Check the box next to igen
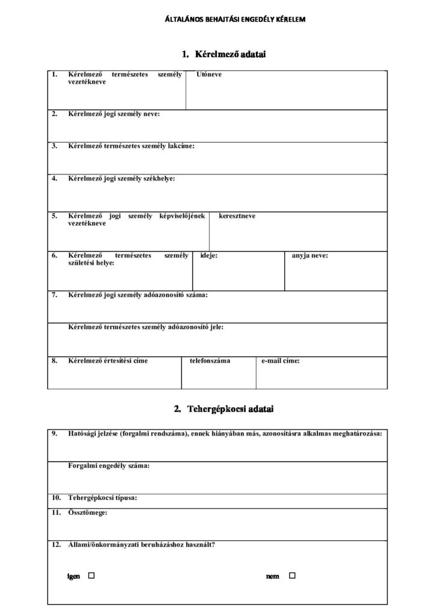pyautogui.click(x=92, y=576)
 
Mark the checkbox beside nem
pyautogui.click(x=293, y=576)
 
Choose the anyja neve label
pyautogui.click(x=310, y=256)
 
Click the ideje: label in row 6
pyautogui.click(x=208, y=256)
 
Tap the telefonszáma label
pyautogui.click(x=210, y=361)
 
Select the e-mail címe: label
pyautogui.click(x=281, y=361)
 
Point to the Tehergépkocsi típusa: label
pyautogui.click(x=103, y=498)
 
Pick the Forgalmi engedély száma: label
pyautogui.click(x=109, y=466)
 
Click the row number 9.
pyautogui.click(x=54, y=433)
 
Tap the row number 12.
pyautogui.click(x=56, y=545)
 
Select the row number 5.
pyautogui.click(x=54, y=216)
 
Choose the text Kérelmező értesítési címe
pyautogui.click(x=108, y=361)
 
